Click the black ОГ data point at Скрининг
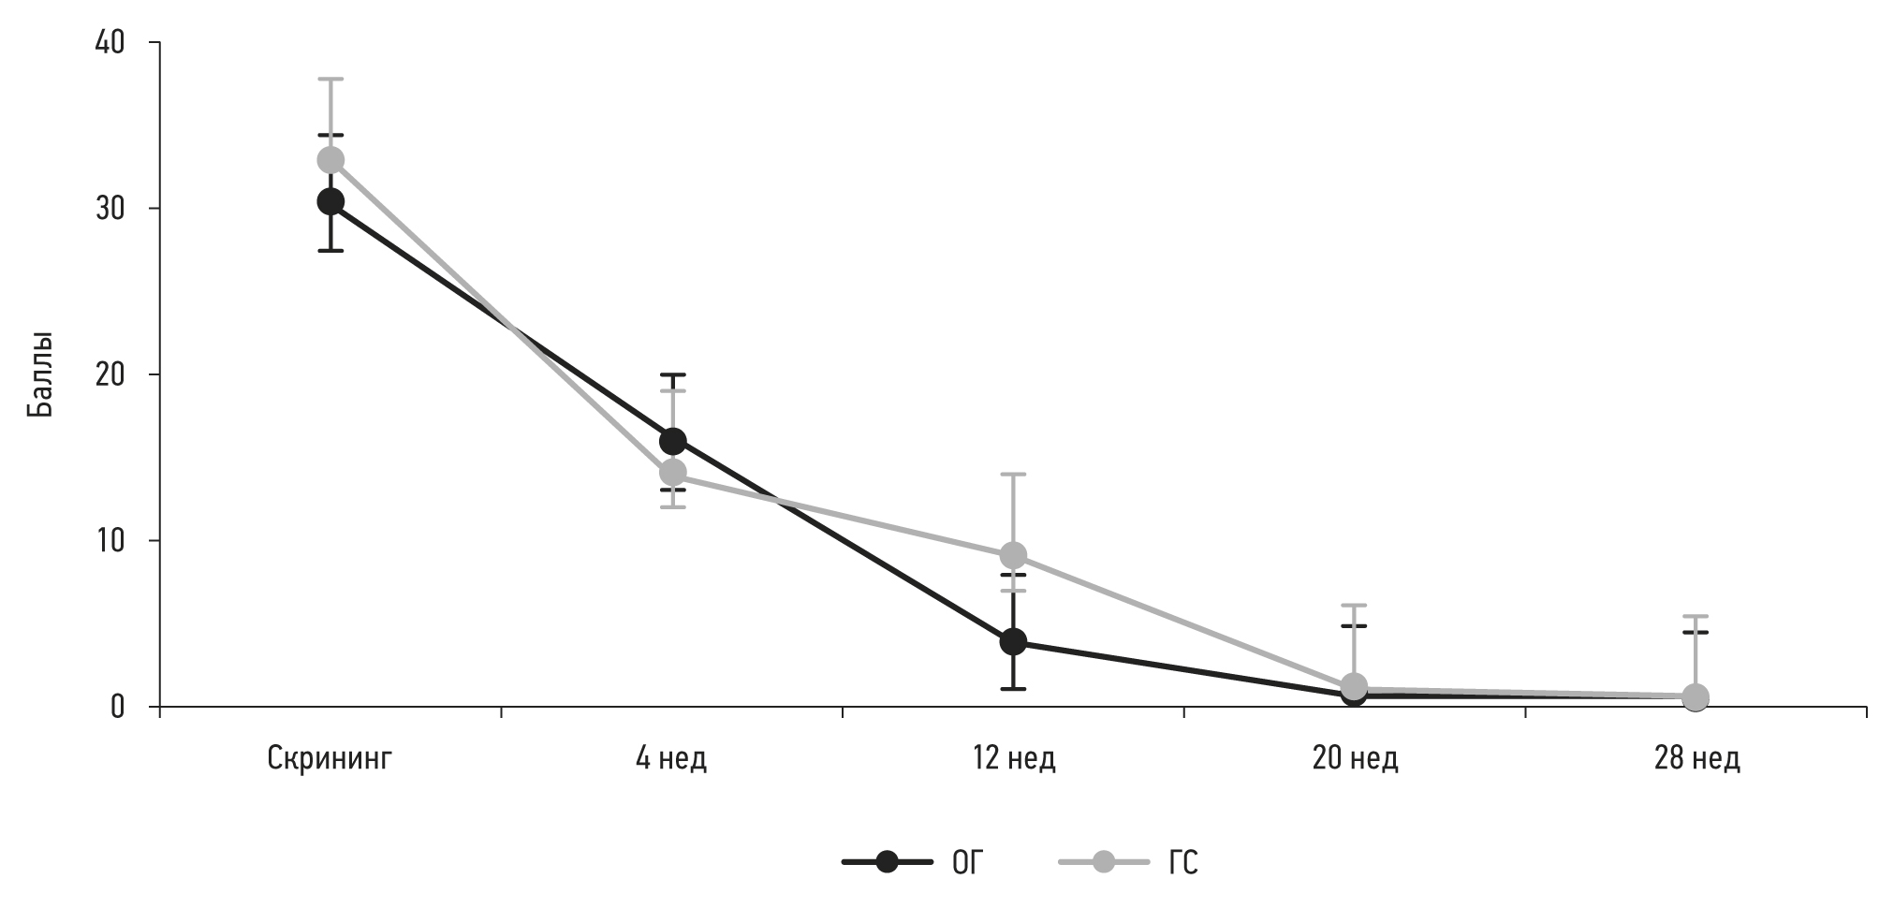pyautogui.click(x=330, y=201)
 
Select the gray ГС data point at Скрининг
pyautogui.click(x=330, y=160)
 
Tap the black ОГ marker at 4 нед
pyautogui.click(x=672, y=441)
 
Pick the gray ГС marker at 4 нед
pyautogui.click(x=672, y=472)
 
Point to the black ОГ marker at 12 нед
pyautogui.click(x=1013, y=641)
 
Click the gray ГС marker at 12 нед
pyautogui.click(x=1013, y=555)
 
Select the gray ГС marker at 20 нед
pyautogui.click(x=1354, y=686)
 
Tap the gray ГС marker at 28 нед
pyautogui.click(x=1696, y=696)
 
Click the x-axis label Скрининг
pyautogui.click(x=330, y=758)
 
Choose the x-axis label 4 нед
pyautogui.click(x=671, y=758)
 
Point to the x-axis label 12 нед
pyautogui.click(x=1013, y=758)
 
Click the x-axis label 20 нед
pyautogui.click(x=1355, y=758)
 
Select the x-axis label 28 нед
pyautogui.click(x=1696, y=758)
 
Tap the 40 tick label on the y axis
pyautogui.click(x=110, y=43)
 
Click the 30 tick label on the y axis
pyautogui.click(x=110, y=209)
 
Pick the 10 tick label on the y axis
pyautogui.click(x=110, y=541)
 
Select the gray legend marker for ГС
pyautogui.click(x=1104, y=862)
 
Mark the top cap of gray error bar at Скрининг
pyautogui.click(x=330, y=79)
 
